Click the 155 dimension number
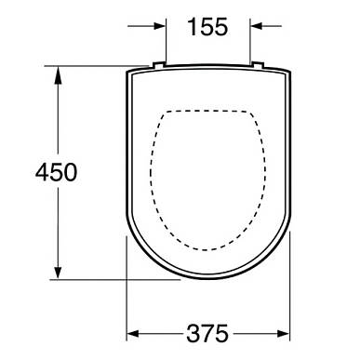point(207,27)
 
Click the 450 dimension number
point(56,172)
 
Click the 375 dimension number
point(207,334)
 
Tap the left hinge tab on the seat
point(158,64)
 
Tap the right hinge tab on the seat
point(258,64)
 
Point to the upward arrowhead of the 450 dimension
point(58,75)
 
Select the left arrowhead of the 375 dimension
point(133,334)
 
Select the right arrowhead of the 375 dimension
point(284,334)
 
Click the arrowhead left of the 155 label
point(160,26)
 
